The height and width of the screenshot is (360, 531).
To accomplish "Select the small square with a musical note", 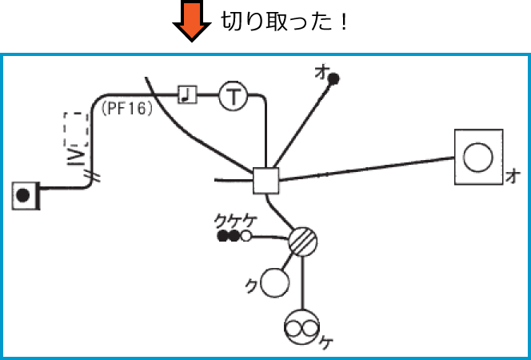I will (186, 95).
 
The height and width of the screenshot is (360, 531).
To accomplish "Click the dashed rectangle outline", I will (75, 128).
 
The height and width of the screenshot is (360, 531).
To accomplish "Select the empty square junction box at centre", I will (265, 181).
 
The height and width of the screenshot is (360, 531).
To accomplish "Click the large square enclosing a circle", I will (478, 156).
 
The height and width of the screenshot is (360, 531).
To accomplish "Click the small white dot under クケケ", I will (246, 236).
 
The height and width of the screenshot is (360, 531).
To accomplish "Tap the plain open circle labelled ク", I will (274, 281).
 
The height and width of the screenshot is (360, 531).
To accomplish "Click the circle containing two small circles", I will (302, 326).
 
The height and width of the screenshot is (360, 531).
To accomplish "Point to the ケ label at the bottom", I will (327, 342).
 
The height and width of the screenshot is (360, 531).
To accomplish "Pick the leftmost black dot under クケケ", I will (222, 236).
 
